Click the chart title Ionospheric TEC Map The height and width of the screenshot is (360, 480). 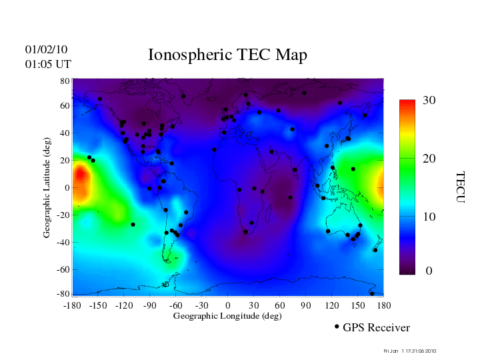point(227,55)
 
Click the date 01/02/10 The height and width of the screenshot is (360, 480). point(46,49)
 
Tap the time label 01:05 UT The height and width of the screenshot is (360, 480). point(48,64)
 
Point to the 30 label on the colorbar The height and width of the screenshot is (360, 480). point(429,101)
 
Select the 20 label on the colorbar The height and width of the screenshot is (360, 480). point(429,159)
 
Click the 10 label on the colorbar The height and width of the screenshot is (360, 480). point(429,217)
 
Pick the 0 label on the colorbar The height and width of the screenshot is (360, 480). point(429,271)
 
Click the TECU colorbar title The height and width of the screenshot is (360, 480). point(460,187)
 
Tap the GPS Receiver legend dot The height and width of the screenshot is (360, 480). point(337,327)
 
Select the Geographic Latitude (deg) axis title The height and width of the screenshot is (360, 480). point(47,192)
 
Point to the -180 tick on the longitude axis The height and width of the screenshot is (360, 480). point(72,305)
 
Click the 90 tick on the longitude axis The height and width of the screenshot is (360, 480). point(306,305)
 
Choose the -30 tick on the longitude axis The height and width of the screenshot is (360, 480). point(202,305)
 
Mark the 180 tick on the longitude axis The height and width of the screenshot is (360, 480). point(383,305)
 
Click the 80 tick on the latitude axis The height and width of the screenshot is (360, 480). point(65,81)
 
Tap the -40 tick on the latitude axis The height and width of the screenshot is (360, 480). point(63,242)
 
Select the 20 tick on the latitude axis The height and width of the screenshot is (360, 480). point(65,161)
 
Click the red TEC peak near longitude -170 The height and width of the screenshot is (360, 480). point(80,179)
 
